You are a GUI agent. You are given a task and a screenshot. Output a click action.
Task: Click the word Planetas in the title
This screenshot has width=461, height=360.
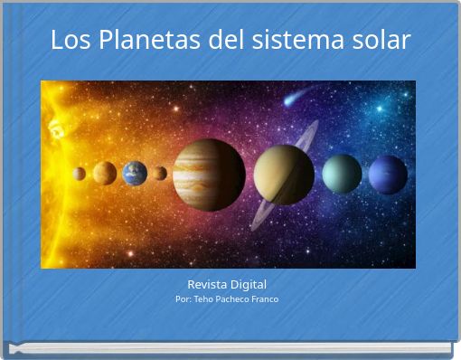tap(137, 41)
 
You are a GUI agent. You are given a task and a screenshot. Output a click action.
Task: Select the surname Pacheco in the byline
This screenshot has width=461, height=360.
tap(235, 298)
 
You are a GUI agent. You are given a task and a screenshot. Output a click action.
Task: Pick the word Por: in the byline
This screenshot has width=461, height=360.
tap(183, 298)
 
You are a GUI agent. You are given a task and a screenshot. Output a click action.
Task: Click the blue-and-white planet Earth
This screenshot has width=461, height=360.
tap(135, 173)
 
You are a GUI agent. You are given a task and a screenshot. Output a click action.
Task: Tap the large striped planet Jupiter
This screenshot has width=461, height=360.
tap(209, 174)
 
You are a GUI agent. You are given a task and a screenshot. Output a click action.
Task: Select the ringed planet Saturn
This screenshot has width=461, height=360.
tap(284, 175)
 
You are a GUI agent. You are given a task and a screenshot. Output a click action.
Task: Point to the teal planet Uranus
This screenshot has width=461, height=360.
tap(342, 174)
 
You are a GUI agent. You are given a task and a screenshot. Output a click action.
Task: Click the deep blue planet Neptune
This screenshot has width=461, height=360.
tap(388, 174)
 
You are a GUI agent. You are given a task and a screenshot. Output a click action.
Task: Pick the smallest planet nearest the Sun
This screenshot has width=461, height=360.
tap(80, 174)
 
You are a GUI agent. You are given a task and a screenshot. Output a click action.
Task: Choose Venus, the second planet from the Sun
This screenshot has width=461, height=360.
tap(105, 173)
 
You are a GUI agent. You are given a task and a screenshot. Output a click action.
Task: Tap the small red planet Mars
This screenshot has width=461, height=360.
tap(159, 173)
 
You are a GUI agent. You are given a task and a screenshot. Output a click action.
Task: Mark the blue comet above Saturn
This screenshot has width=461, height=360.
tap(291, 99)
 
